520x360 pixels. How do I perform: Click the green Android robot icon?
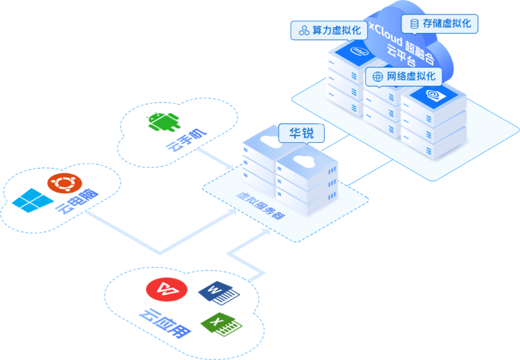(x=164, y=122)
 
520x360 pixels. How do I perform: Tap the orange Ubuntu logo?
(x=64, y=183)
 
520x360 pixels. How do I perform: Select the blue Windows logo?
(x=32, y=200)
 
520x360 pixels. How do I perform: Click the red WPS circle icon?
(x=167, y=289)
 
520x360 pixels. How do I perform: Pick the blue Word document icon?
(x=219, y=293)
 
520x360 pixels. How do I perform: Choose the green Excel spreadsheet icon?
(x=221, y=325)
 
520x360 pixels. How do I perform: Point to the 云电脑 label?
(x=77, y=201)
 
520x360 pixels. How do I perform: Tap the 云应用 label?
(x=165, y=324)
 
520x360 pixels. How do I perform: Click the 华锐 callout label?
(x=302, y=134)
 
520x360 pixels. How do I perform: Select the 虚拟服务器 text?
(x=261, y=205)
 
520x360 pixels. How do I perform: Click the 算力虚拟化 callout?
(x=329, y=30)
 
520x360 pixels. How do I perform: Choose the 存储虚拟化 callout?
(x=440, y=24)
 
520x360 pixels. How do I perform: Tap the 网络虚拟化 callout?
(x=404, y=77)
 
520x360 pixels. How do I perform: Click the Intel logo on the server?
(x=359, y=51)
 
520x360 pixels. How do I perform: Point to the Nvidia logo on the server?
(x=434, y=95)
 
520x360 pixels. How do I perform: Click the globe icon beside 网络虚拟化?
(x=378, y=77)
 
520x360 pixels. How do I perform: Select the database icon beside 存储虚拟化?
(x=414, y=24)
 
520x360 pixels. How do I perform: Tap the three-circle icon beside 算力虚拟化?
(x=304, y=30)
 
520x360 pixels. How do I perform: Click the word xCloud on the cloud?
(x=386, y=34)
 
